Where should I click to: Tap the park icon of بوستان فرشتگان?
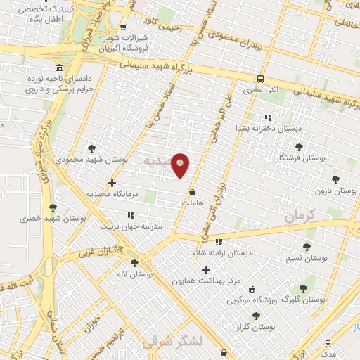click(x=300, y=147)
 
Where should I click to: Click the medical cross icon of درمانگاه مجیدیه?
click(x=112, y=183)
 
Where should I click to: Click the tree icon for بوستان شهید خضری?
click(x=53, y=207)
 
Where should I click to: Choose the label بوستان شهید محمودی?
click(x=92, y=160)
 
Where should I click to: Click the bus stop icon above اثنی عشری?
click(x=260, y=79)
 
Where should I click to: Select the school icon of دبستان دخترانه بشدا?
click(x=267, y=117)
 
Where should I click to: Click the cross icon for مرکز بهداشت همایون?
click(x=206, y=270)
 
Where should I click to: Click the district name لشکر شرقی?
click(x=172, y=342)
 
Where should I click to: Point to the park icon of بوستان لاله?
click(x=134, y=264)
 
